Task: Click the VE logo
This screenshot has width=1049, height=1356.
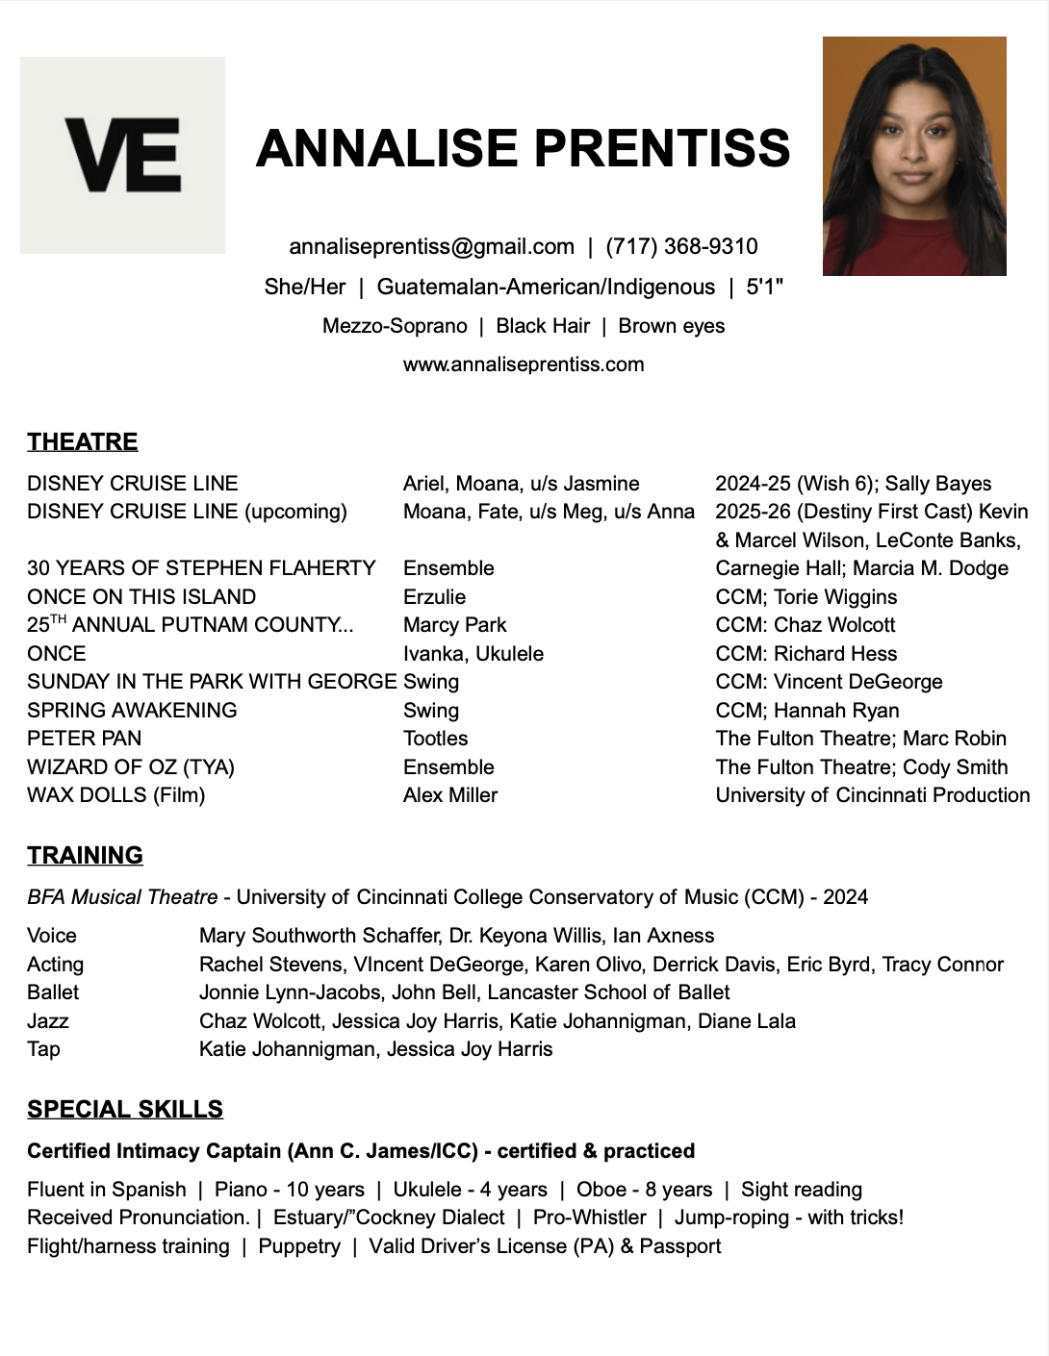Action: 122,155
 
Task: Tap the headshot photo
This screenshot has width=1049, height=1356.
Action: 914,156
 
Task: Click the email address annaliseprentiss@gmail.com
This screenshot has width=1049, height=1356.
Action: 431,246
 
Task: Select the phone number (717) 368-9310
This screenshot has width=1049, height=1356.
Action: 681,246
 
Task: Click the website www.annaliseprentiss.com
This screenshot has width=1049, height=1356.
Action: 524,364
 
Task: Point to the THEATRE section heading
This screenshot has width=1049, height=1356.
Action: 82,441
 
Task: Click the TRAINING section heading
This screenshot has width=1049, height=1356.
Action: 85,855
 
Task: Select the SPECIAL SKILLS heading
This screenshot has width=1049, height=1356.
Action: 125,1109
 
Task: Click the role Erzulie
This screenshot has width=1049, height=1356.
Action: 434,596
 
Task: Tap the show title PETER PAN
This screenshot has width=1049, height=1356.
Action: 84,738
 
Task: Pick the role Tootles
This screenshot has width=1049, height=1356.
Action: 435,738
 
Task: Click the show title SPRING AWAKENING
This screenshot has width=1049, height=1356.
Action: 132,710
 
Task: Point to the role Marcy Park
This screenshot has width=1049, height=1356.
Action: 454,624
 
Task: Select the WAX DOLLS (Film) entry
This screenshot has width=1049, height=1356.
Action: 115,794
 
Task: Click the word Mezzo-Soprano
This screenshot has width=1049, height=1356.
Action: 395,326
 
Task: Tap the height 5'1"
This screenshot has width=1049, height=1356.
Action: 764,287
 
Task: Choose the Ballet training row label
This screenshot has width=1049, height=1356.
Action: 53,992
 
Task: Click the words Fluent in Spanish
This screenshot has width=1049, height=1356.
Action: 106,1190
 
